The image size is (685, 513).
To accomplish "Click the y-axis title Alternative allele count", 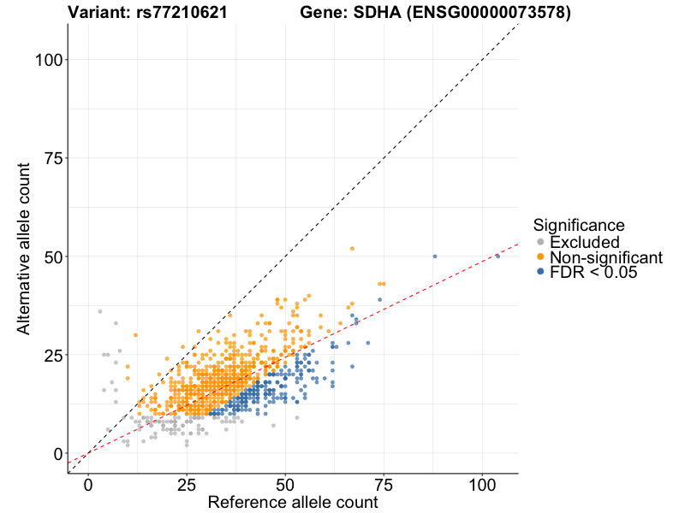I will click(25, 248).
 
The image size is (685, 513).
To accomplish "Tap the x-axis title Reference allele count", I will click(293, 503).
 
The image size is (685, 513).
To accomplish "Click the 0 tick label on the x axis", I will click(88, 483).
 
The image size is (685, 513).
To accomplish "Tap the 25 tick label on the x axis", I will click(187, 483).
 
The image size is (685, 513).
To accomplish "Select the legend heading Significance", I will click(578, 225).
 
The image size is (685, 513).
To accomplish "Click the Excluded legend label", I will click(584, 243).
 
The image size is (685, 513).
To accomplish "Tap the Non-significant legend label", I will click(606, 257).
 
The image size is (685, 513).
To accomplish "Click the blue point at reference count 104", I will click(497, 256).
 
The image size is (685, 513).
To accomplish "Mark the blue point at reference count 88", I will click(435, 256).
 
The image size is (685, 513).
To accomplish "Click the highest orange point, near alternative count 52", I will click(352, 249).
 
